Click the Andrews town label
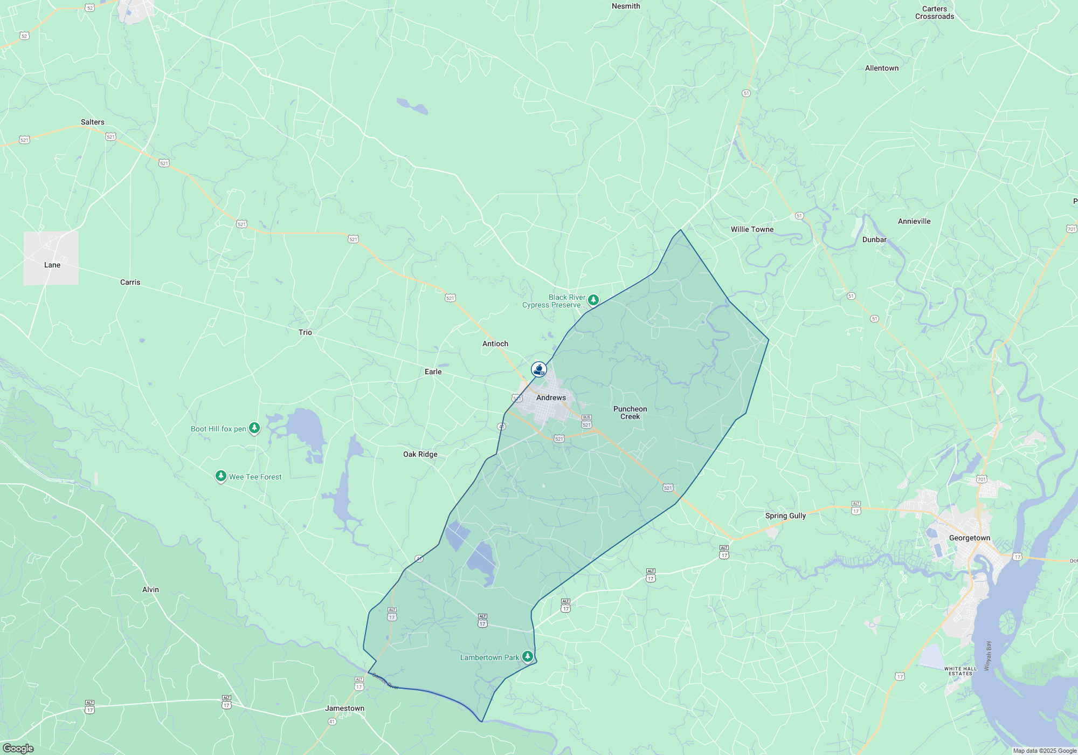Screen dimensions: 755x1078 [x=551, y=397]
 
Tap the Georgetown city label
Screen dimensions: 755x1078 [x=969, y=538]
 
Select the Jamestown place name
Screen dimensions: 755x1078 [x=345, y=708]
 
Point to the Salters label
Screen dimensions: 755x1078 [x=93, y=122]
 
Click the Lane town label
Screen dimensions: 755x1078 [x=52, y=265]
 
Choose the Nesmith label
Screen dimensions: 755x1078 [x=626, y=6]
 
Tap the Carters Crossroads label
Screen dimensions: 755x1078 [x=934, y=13]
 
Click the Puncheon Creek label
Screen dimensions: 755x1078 [x=630, y=413]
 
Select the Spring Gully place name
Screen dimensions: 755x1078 [x=785, y=516]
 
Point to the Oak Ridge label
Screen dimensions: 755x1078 [x=420, y=454]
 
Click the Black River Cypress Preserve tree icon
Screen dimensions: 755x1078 [x=593, y=299]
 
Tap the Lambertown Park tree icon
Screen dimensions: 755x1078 [x=528, y=656]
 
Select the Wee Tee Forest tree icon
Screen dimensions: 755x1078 [x=220, y=476]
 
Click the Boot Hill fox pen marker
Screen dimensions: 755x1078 [x=254, y=428]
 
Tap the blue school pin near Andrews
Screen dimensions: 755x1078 [x=539, y=369]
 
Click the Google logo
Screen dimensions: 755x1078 [x=18, y=749]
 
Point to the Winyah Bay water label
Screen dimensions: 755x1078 [x=987, y=656]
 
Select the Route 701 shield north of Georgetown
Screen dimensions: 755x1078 [x=981, y=479]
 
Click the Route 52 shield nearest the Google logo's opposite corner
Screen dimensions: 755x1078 [x=90, y=8]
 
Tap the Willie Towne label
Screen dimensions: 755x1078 [x=752, y=229]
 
